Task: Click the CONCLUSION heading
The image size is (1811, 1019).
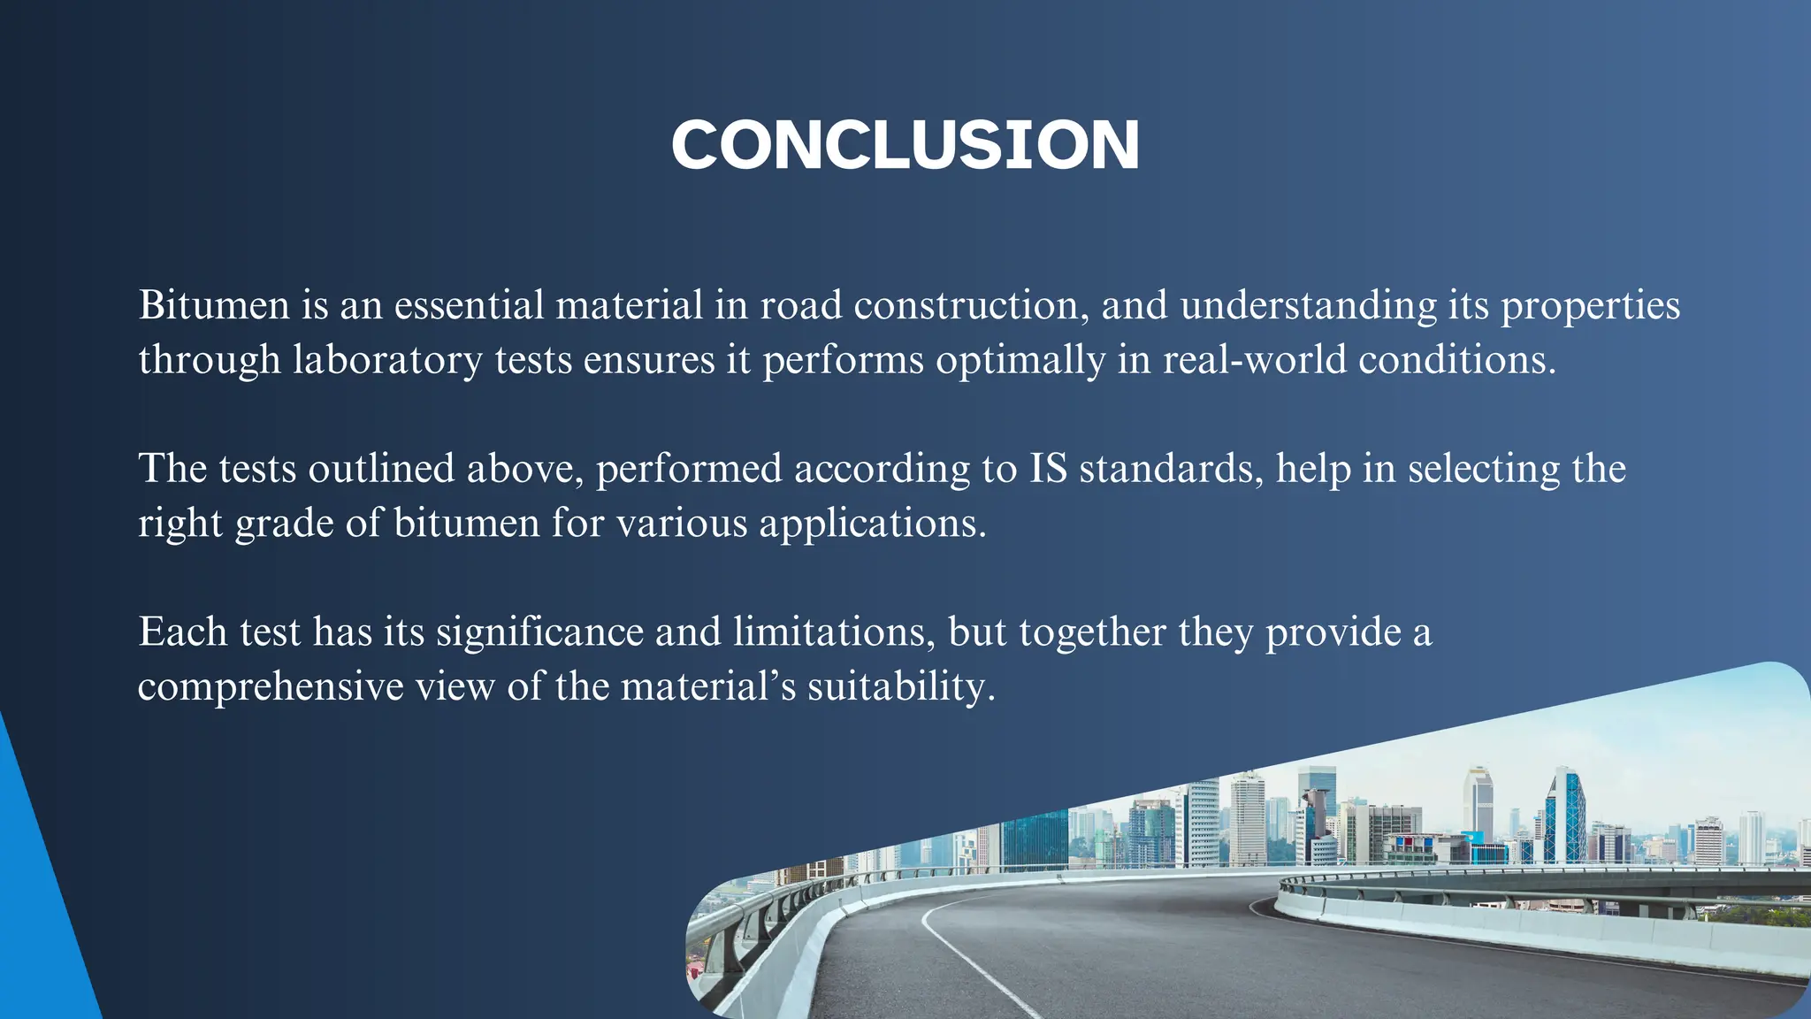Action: pyautogui.click(x=905, y=145)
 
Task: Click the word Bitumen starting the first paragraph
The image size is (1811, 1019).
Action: pyautogui.click(x=214, y=305)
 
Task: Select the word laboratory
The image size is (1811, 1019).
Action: pyautogui.click(x=387, y=360)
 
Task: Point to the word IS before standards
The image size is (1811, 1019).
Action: pyautogui.click(x=1048, y=469)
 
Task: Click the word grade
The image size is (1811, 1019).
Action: pyautogui.click(x=284, y=525)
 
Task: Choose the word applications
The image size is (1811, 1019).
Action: pyautogui.click(x=872, y=524)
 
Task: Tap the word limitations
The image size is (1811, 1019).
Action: pyautogui.click(x=834, y=632)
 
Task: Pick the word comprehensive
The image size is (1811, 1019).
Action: pyautogui.click(x=271, y=687)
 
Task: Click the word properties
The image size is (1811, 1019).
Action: pyautogui.click(x=1591, y=307)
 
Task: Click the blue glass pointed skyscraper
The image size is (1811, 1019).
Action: pyautogui.click(x=1566, y=818)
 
